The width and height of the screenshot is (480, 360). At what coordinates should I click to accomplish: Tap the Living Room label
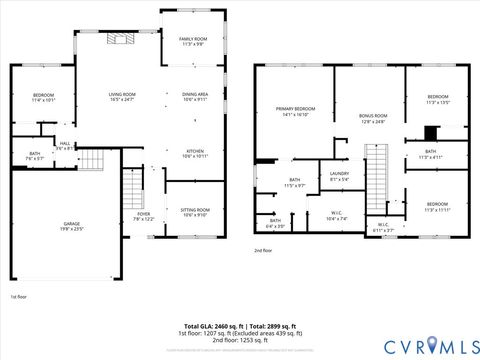122,97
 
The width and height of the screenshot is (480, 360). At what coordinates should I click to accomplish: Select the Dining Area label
195,97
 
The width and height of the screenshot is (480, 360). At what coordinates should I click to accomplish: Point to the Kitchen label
195,154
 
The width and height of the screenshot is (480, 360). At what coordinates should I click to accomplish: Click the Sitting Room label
194,212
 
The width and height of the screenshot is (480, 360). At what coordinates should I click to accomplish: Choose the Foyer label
144,216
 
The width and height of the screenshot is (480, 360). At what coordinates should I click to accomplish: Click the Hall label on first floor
64,146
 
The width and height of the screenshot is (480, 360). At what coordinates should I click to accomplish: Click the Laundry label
339,176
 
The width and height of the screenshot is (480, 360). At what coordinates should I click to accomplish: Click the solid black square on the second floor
431,132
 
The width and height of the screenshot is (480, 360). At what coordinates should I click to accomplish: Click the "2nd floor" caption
263,250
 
